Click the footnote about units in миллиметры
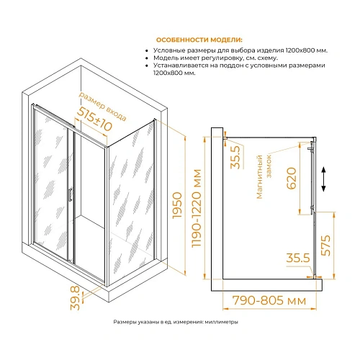coord(176,322)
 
